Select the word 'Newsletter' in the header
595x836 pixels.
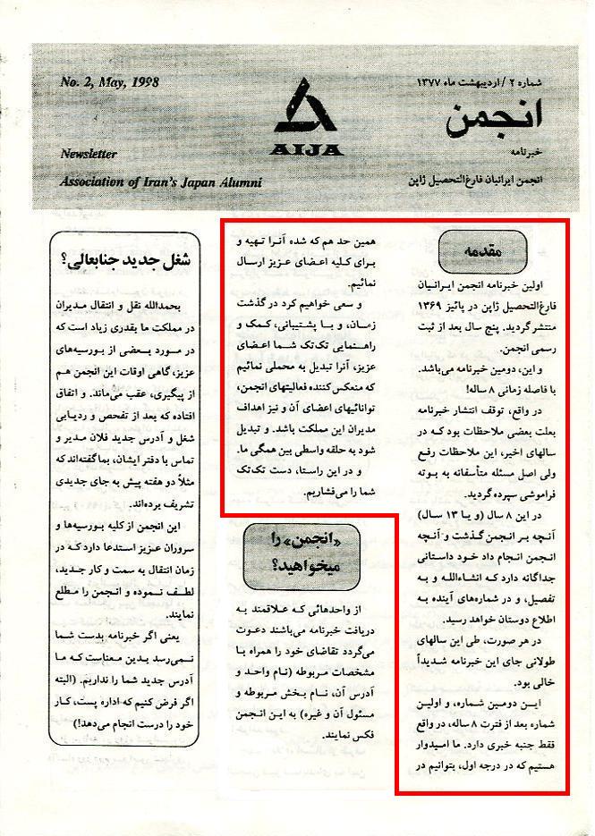click(x=89, y=154)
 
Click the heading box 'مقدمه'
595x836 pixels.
click(x=482, y=253)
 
